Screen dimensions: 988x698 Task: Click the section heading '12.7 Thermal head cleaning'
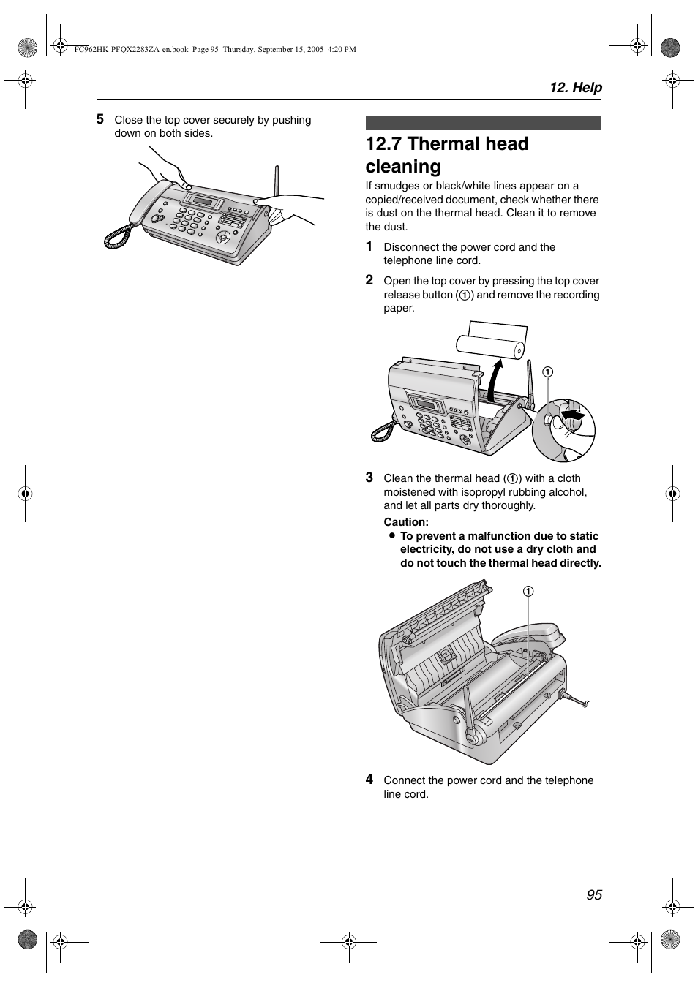pyautogui.click(x=447, y=155)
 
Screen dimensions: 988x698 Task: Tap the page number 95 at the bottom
pyautogui.click(x=593, y=895)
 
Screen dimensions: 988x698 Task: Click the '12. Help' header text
pyautogui.click(x=576, y=88)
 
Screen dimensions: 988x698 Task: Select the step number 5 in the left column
pyautogui.click(x=100, y=119)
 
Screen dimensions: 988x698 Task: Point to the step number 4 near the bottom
pyautogui.click(x=369, y=780)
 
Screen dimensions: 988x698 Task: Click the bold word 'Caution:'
pyautogui.click(x=406, y=522)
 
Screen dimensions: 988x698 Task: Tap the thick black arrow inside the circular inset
pyautogui.click(x=574, y=415)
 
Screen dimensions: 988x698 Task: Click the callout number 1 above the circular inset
pyautogui.click(x=547, y=372)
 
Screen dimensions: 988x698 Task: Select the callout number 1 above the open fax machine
pyautogui.click(x=528, y=591)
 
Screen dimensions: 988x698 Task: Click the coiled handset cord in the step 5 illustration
pyautogui.click(x=117, y=235)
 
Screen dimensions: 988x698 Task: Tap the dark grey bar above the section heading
pyautogui.click(x=483, y=124)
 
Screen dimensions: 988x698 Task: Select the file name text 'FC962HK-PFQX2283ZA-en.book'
pyautogui.click(x=131, y=50)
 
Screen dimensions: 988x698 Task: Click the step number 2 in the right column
pyautogui.click(x=369, y=280)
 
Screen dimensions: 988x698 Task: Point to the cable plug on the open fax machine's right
pyautogui.click(x=575, y=701)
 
